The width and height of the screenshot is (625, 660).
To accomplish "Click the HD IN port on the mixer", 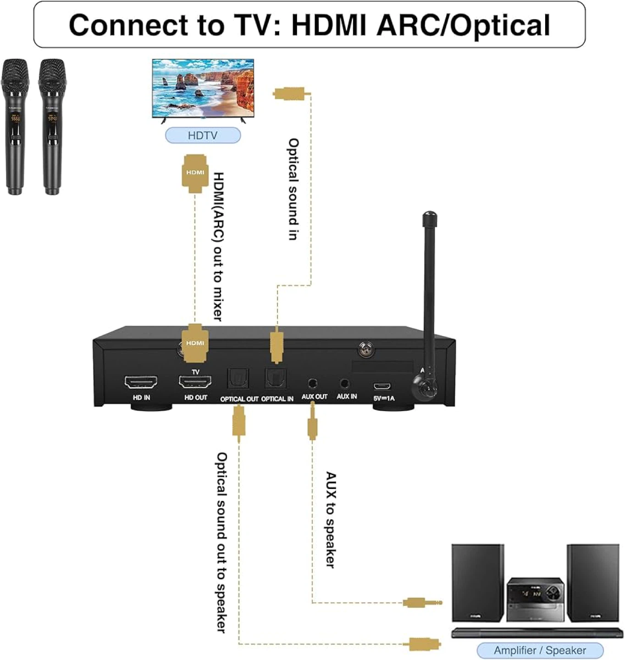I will (141, 382).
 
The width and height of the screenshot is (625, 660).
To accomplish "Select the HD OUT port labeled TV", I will (195, 381).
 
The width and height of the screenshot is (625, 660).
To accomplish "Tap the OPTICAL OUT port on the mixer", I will (238, 379).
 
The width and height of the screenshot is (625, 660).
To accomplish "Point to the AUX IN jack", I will (344, 383).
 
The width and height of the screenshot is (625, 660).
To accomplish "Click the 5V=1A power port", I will (382, 386).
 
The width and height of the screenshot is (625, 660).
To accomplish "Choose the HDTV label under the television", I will (203, 135).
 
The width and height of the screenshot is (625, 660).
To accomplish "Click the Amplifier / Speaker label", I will (540, 650).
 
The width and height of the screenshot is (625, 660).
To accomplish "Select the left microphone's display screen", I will (15, 117).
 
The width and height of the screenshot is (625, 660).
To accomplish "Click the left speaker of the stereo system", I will (477, 583).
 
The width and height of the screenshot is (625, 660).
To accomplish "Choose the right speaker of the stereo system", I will (592, 583).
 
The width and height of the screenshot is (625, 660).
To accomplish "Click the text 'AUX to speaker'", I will (331, 520).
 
